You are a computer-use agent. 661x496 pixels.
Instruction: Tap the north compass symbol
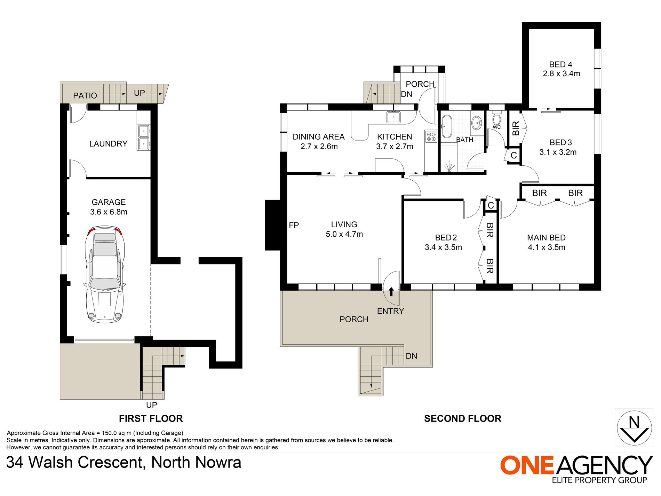(634, 428)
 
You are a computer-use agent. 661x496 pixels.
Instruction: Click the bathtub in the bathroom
(447, 126)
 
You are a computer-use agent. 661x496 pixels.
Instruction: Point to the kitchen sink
(393, 117)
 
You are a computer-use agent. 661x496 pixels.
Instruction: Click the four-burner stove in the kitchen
(431, 136)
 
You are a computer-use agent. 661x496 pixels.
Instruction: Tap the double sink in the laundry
(144, 137)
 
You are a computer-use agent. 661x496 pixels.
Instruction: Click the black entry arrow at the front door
(391, 292)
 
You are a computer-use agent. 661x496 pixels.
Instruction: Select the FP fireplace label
(294, 225)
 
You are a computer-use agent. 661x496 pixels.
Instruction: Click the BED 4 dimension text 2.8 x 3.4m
(561, 74)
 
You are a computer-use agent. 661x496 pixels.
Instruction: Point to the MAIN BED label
(546, 238)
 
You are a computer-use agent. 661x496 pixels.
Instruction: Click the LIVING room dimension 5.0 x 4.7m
(344, 234)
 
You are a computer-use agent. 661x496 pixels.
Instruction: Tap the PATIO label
(85, 96)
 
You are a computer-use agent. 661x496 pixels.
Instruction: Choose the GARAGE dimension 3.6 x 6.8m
(109, 212)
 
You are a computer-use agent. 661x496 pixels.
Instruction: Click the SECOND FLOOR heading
(462, 419)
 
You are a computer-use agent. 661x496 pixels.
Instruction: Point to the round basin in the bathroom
(477, 123)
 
